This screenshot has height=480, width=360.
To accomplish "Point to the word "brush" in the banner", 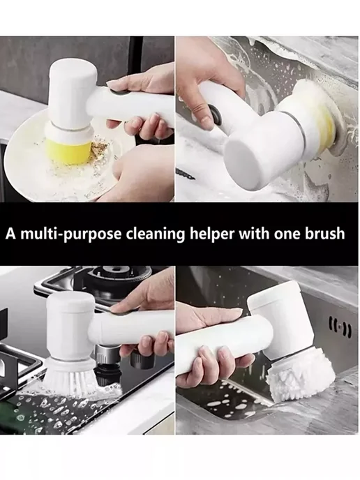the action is click(324, 234).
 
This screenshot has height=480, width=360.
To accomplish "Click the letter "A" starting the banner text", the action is click(11, 234).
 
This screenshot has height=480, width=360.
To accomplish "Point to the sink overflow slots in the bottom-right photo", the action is click(340, 327).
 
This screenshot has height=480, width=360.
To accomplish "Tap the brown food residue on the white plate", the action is click(98, 147).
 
